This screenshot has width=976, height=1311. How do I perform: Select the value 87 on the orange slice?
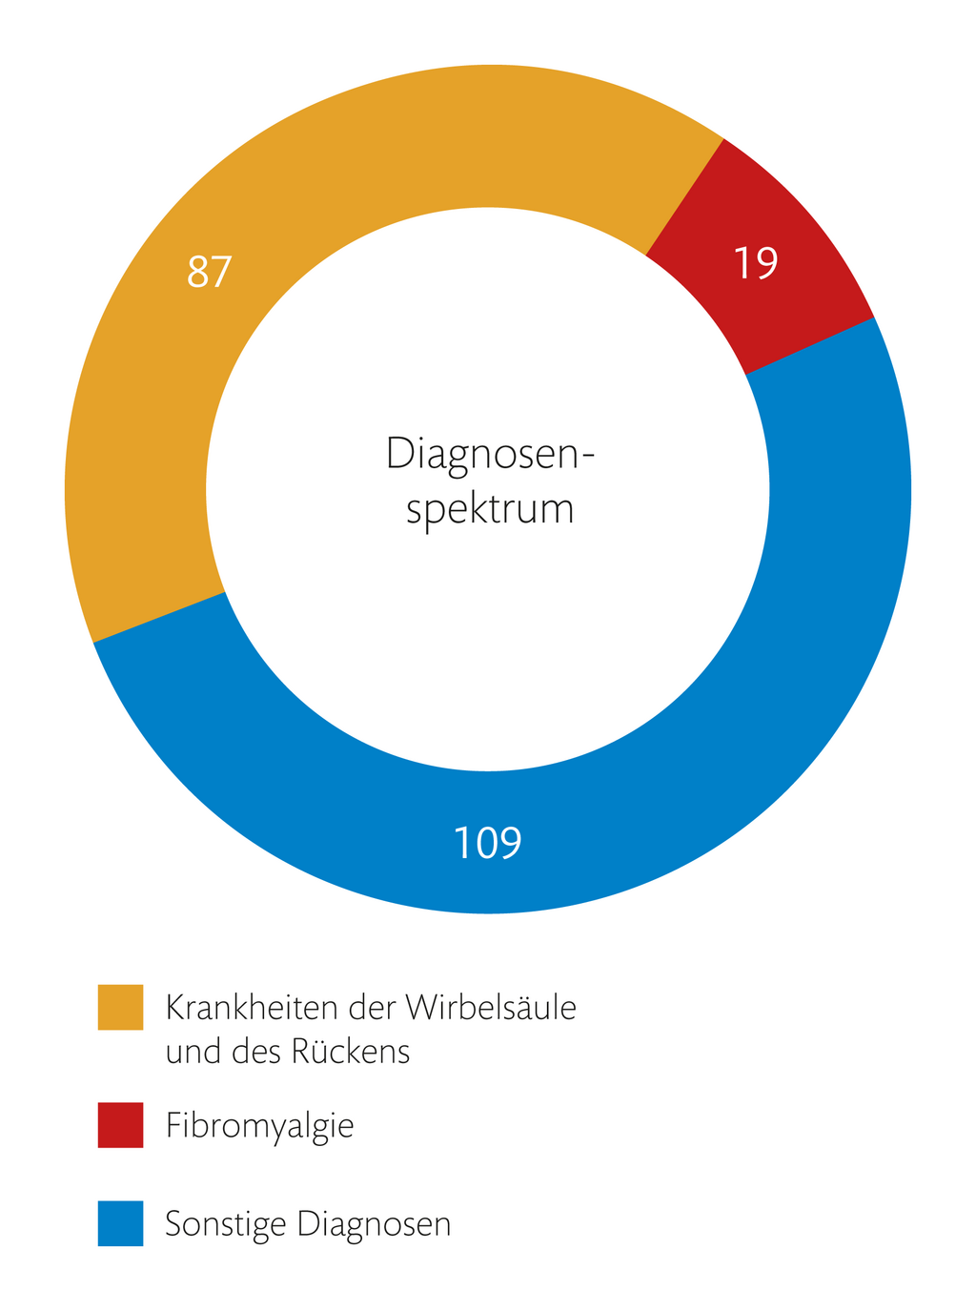pos(210,272)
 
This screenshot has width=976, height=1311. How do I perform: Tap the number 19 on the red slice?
pos(756,263)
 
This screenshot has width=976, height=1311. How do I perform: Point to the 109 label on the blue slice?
pos(487,843)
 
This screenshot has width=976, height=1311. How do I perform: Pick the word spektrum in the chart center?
pos(490,509)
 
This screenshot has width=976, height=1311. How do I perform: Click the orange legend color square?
pos(120,1007)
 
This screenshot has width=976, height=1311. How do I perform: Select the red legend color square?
pos(120,1125)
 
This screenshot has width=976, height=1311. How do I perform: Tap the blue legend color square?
pos(120,1223)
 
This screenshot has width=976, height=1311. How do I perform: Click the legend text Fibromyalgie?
pos(259,1126)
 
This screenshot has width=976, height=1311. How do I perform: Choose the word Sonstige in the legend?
pos(225,1224)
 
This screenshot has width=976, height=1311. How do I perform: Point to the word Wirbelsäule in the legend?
pos(491,1007)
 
